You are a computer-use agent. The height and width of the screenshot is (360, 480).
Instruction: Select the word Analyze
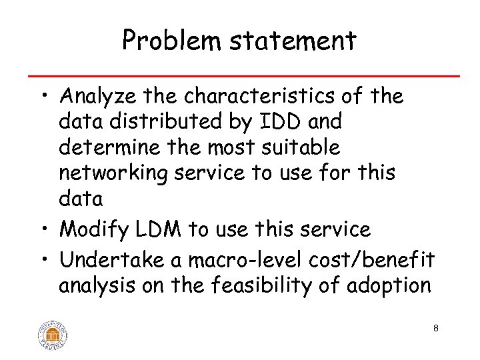click(x=100, y=97)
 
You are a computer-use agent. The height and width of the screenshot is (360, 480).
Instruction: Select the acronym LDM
click(x=159, y=230)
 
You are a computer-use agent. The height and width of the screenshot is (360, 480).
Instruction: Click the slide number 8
click(x=435, y=328)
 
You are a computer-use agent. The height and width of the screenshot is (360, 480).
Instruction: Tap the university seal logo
click(x=53, y=333)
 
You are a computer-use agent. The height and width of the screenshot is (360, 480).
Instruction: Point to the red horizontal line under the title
click(x=240, y=75)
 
